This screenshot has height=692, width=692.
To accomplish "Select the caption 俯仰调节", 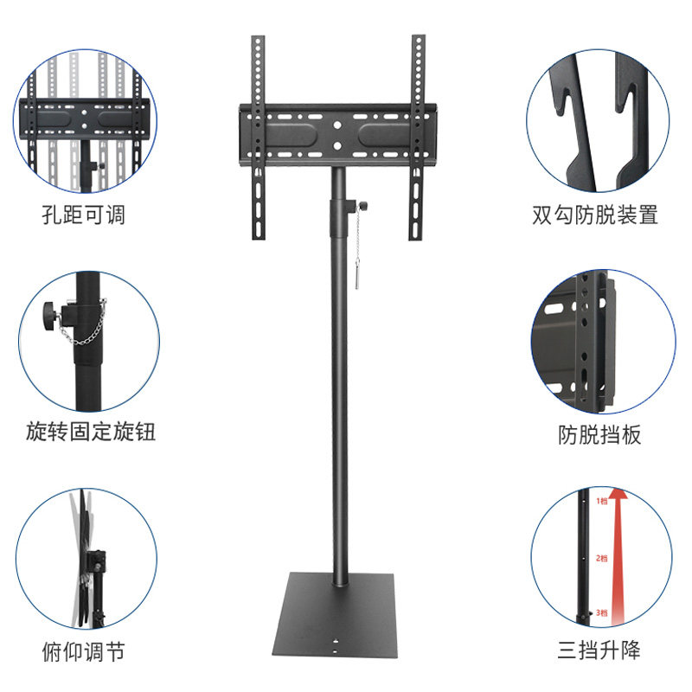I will click(x=83, y=650).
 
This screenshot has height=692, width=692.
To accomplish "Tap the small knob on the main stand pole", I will click(x=362, y=205).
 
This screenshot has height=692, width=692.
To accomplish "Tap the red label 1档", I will click(x=602, y=501).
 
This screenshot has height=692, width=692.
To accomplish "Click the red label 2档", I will click(x=601, y=558).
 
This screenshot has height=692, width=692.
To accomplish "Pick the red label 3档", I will click(x=601, y=612).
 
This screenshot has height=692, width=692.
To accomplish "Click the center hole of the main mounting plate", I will click(x=337, y=126).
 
